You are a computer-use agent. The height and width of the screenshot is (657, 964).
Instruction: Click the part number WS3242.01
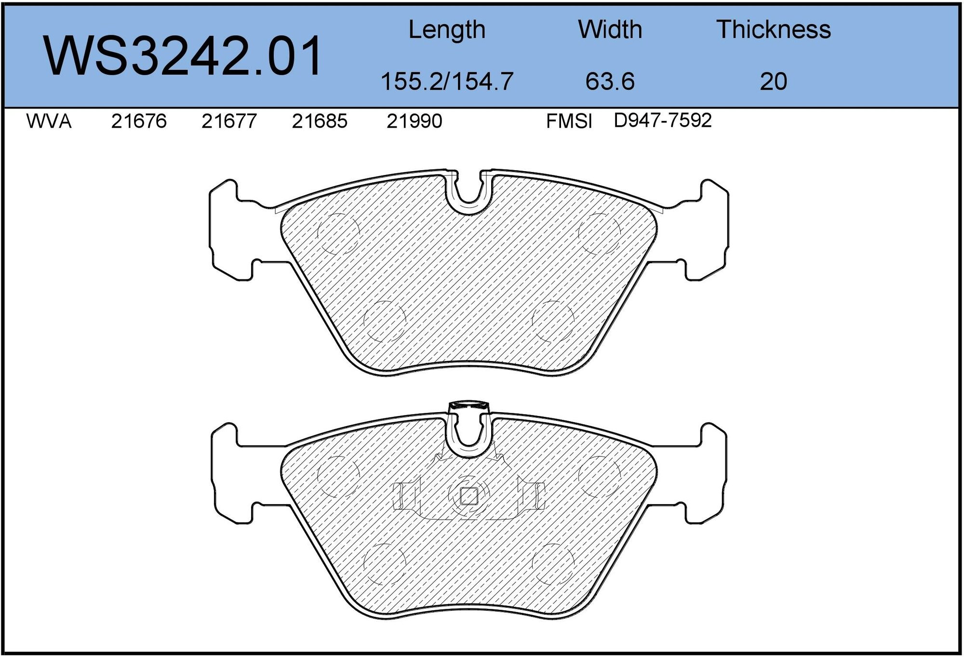point(183,56)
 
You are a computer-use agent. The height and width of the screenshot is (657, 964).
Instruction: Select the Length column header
point(446,30)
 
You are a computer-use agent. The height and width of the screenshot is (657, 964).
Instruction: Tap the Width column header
point(610,30)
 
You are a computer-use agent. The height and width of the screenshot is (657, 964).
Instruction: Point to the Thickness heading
point(773,30)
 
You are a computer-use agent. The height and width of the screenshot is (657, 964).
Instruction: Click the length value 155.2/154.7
point(446,81)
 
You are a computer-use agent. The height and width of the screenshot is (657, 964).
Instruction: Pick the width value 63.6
point(610,81)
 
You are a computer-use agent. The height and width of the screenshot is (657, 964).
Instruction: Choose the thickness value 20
point(773,81)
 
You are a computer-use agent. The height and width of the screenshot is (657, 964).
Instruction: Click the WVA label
point(49,121)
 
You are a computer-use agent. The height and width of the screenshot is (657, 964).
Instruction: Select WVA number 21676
point(139,121)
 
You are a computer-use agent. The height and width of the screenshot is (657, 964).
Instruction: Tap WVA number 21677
point(229,121)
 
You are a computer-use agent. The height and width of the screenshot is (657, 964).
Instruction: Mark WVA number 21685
point(319,121)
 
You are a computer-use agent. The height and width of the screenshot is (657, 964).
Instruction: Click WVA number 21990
point(414,121)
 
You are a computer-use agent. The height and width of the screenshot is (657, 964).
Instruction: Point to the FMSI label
point(569,121)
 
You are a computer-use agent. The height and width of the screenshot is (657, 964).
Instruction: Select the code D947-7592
point(662,121)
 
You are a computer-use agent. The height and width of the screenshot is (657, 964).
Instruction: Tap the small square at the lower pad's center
point(469,496)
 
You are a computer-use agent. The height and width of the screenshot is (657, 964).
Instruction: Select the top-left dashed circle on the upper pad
point(338,234)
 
